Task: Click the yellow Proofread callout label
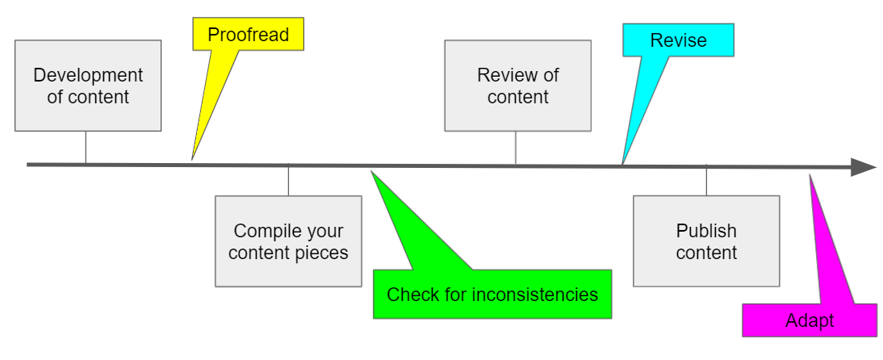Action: pyautogui.click(x=248, y=36)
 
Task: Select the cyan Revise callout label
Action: pyautogui.click(x=678, y=40)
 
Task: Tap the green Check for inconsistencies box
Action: pyautogui.click(x=492, y=295)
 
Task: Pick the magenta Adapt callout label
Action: pyautogui.click(x=810, y=320)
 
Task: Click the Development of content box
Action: pyautogui.click(x=88, y=86)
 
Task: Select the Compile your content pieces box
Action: pyautogui.click(x=288, y=241)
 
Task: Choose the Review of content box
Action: pyautogui.click(x=517, y=86)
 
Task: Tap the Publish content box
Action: pyautogui.click(x=706, y=241)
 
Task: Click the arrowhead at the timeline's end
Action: pyautogui.click(x=864, y=168)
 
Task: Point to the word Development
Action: pyautogui.click(x=88, y=76)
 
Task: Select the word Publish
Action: pyautogui.click(x=706, y=232)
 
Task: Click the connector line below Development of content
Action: pyautogui.click(x=86, y=148)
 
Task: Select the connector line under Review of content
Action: pyautogui.click(x=516, y=148)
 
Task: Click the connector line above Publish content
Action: pyautogui.click(x=706, y=181)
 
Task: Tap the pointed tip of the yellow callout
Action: pyautogui.click(x=192, y=159)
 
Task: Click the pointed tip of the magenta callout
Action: pyautogui.click(x=810, y=175)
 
